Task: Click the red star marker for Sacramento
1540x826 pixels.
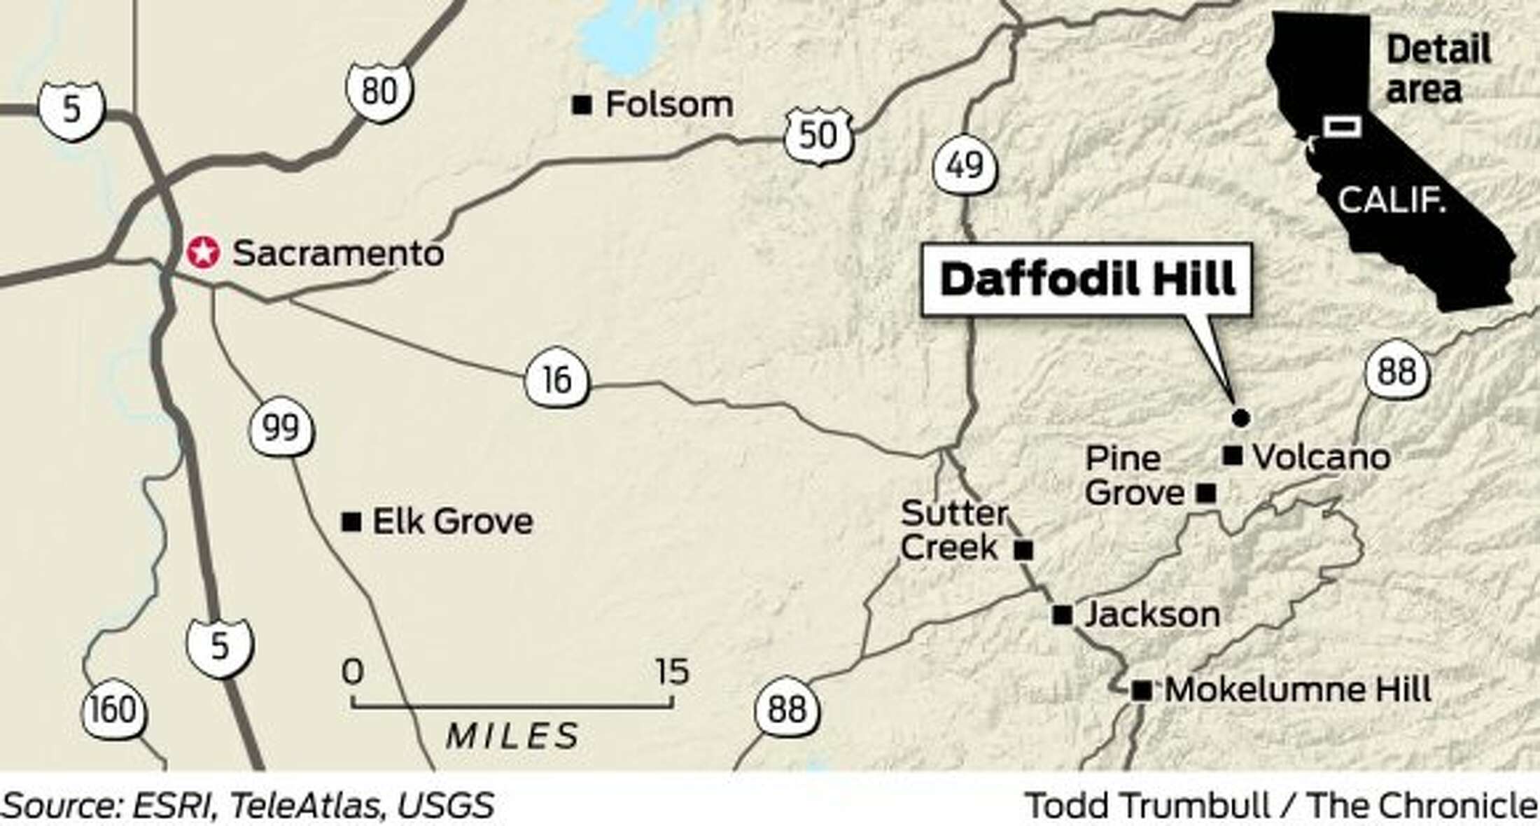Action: (x=203, y=252)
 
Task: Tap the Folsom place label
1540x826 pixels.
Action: (x=668, y=105)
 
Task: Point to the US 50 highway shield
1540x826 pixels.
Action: (x=818, y=135)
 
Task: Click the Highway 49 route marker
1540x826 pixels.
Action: (x=965, y=166)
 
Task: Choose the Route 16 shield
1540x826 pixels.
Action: (x=557, y=380)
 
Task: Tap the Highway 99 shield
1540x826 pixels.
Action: (x=281, y=428)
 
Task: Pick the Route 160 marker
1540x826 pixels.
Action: (x=114, y=710)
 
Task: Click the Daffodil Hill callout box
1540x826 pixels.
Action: (x=1086, y=279)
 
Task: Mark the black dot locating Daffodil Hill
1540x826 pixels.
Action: (x=1240, y=418)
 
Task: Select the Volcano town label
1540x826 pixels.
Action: (x=1321, y=457)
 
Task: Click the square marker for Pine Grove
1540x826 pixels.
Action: (x=1205, y=493)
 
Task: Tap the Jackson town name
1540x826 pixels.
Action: (x=1152, y=615)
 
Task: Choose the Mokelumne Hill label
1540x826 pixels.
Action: (x=1297, y=690)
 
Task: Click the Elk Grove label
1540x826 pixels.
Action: (x=452, y=521)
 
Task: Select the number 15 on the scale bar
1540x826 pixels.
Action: (x=673, y=671)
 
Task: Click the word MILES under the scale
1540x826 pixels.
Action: (x=512, y=736)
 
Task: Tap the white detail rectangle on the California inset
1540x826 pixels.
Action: (x=1342, y=127)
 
